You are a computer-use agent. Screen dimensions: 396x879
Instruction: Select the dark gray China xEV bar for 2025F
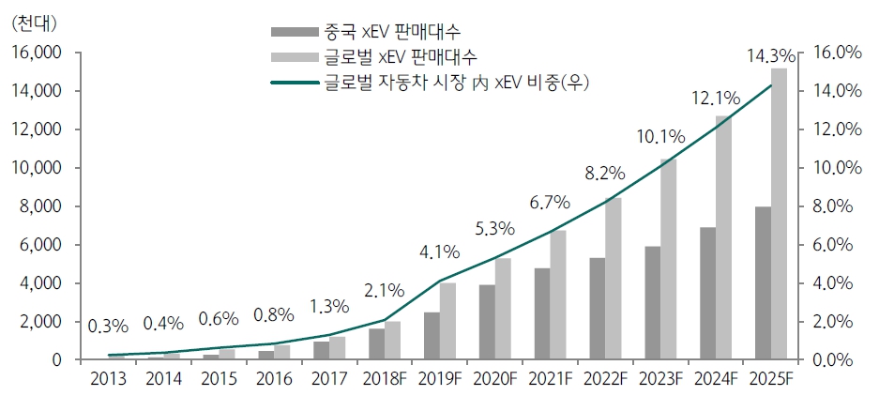click(763, 282)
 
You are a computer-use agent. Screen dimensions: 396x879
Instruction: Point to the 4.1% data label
click(440, 251)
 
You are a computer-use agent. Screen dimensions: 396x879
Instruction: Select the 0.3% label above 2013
click(109, 327)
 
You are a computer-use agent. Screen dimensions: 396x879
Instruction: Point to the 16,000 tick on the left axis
click(35, 53)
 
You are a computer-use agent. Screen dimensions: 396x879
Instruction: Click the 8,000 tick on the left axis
click(39, 206)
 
